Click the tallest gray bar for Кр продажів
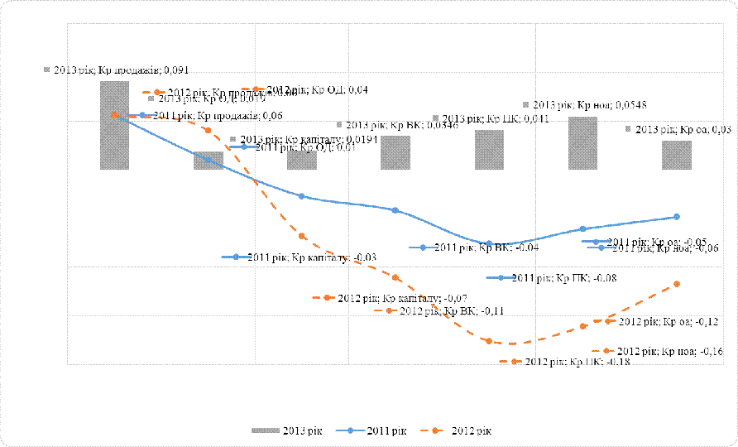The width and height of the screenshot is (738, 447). [x=114, y=124]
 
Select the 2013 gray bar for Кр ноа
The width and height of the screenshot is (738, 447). [x=582, y=143]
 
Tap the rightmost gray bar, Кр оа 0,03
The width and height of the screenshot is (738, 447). [x=676, y=155]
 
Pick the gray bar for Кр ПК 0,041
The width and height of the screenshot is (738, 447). [x=489, y=150]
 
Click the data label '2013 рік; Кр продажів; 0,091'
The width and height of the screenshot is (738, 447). [x=121, y=70]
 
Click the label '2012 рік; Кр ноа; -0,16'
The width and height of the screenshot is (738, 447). [x=669, y=352]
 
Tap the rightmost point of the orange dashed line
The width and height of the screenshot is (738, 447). [x=677, y=284]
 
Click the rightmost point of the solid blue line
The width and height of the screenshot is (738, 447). [x=677, y=217]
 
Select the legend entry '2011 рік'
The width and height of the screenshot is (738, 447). [x=376, y=431]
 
